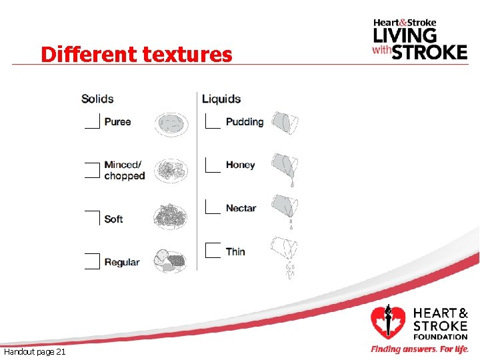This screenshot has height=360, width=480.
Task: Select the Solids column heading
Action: [x=97, y=99]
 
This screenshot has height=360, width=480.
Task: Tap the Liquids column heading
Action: [x=221, y=99]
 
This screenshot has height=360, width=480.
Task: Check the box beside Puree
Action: [x=93, y=121]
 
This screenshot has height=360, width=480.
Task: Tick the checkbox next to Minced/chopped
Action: [x=93, y=171]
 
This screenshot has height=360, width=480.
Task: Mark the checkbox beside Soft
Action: [x=93, y=218]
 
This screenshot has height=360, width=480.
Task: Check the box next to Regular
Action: [x=93, y=261]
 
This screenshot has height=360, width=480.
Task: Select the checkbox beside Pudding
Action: [x=213, y=121]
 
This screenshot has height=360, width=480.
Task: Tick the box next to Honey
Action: [x=213, y=165]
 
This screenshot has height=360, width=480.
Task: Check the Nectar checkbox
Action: [x=213, y=207]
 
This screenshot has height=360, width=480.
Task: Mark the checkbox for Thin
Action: [x=213, y=251]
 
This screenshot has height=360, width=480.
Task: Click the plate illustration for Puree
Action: [x=171, y=124]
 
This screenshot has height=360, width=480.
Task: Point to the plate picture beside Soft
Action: [x=171, y=217]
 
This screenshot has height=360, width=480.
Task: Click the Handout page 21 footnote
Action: [x=35, y=351]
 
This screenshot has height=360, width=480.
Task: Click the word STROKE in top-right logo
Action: [x=429, y=51]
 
